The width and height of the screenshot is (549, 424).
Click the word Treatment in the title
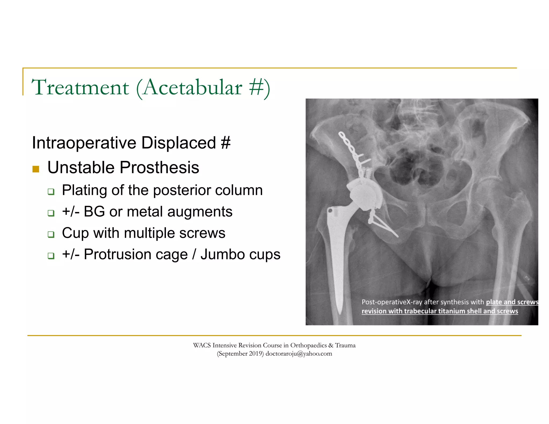pyautogui.click(x=80, y=87)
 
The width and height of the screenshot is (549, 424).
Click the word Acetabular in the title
pyautogui.click(x=192, y=87)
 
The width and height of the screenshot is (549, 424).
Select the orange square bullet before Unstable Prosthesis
pyautogui.click(x=36, y=169)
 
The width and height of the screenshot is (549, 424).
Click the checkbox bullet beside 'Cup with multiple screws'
pyautogui.click(x=51, y=235)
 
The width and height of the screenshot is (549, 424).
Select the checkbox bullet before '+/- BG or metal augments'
pyautogui.click(x=51, y=213)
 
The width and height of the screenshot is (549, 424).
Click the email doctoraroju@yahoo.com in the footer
pyautogui.click(x=299, y=354)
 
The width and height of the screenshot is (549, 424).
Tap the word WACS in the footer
pyautogui.click(x=202, y=345)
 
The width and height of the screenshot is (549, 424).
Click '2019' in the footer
pyautogui.click(x=256, y=354)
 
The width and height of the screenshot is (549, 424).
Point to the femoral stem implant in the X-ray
pyautogui.click(x=336, y=249)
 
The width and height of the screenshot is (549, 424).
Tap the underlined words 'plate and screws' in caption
pyautogui.click(x=512, y=302)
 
